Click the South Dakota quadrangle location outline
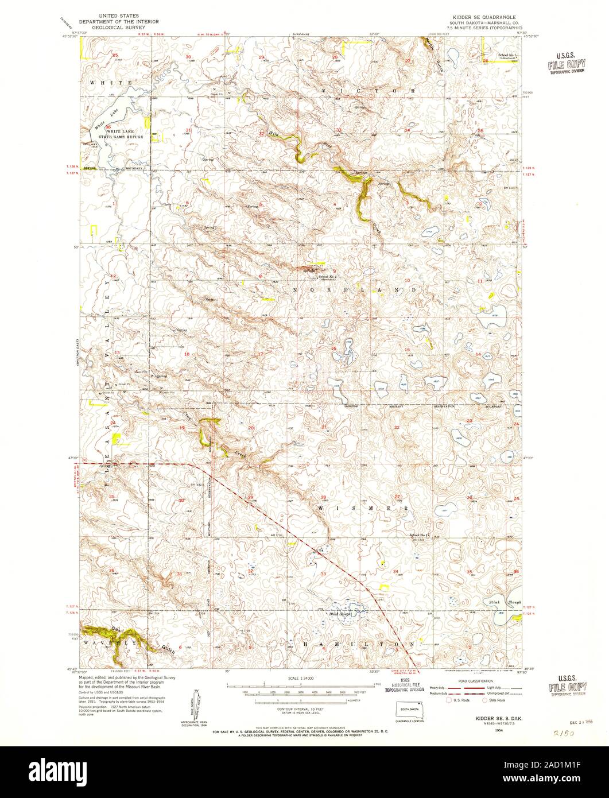click(409, 710)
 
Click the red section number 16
click(333, 348)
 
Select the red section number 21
click(324, 427)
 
